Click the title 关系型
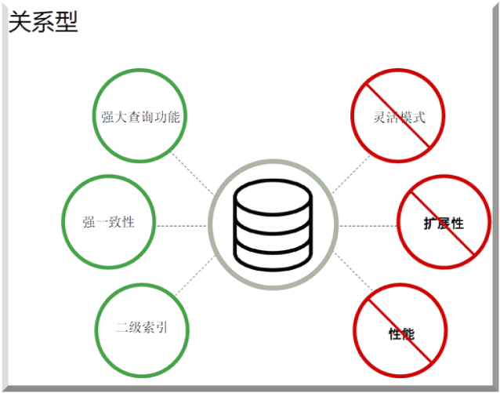(x=43, y=21)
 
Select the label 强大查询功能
(x=141, y=118)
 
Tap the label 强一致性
(x=109, y=222)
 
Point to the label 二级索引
(x=142, y=327)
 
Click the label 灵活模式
(x=399, y=118)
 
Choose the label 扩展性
(x=444, y=224)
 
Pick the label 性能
(x=401, y=334)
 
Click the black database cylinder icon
(x=273, y=224)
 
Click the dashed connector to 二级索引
(x=193, y=278)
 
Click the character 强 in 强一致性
(x=89, y=222)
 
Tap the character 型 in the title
(x=67, y=21)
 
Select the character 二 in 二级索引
(x=122, y=327)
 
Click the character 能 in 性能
(x=408, y=334)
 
